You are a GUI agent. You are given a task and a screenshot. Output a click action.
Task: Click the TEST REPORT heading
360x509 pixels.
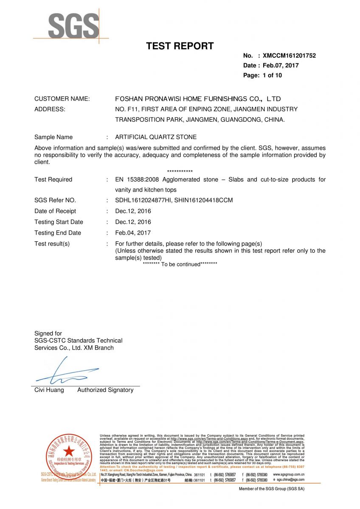[x=180, y=46]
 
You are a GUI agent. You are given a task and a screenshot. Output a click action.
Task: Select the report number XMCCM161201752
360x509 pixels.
[x=289, y=56]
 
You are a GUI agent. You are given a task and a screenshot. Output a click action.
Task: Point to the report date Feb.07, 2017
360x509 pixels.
[x=283, y=65]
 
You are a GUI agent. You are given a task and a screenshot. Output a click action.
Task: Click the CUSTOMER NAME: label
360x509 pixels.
[x=62, y=99]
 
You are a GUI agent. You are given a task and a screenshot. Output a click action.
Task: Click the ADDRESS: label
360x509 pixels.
[x=50, y=109]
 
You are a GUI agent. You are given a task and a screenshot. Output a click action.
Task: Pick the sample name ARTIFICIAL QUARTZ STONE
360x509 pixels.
[x=156, y=137]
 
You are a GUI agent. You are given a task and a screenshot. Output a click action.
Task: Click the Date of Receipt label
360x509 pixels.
[x=55, y=211]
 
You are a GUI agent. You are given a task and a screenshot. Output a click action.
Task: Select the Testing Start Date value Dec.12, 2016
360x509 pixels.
[x=133, y=222]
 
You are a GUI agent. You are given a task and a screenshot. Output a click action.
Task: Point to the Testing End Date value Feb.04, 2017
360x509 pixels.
[x=133, y=233]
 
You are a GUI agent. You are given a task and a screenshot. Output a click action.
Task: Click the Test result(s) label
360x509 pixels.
[x=52, y=244]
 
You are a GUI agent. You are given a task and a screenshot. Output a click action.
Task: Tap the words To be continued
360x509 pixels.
[x=180, y=264]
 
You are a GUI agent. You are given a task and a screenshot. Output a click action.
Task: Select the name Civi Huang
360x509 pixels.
[x=49, y=390]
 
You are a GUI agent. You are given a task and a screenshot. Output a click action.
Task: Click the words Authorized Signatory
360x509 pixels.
[x=105, y=390]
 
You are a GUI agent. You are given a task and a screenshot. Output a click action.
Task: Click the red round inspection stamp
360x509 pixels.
[x=69, y=456]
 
